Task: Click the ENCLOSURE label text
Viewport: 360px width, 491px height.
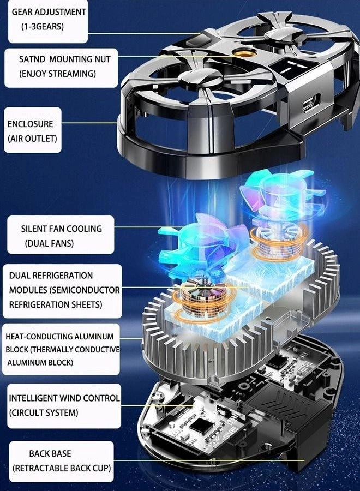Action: point(30,124)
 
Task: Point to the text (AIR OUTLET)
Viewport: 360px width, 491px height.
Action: point(32,139)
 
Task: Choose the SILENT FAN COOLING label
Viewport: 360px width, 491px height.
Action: point(61,229)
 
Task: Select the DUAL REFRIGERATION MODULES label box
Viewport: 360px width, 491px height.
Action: point(62,290)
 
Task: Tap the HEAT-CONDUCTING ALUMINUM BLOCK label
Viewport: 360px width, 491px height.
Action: point(62,349)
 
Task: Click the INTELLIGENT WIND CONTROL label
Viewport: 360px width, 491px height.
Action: point(64,398)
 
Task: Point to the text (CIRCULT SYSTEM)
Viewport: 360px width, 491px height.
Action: point(43,413)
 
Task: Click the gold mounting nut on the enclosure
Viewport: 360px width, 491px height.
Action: point(238,56)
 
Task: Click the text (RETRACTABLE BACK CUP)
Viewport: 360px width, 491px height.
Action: point(62,468)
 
